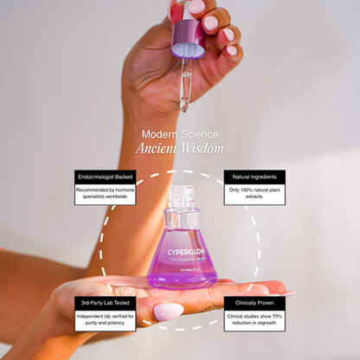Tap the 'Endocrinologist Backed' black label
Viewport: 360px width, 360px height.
click(106, 176)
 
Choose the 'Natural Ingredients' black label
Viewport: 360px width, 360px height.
click(254, 176)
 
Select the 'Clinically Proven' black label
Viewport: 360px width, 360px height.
click(254, 303)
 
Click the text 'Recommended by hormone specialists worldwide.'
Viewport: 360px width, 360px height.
click(106, 193)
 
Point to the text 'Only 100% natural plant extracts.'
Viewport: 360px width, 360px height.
click(254, 193)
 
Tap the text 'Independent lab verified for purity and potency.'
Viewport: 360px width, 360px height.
click(106, 319)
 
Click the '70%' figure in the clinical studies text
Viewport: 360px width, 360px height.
click(276, 316)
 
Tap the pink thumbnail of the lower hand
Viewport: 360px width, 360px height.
click(168, 311)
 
